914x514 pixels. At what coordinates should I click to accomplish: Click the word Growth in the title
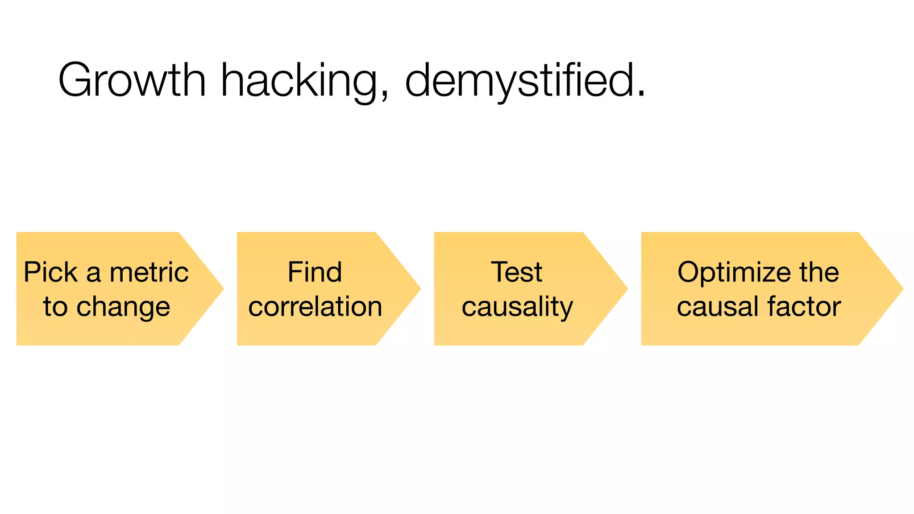(x=132, y=80)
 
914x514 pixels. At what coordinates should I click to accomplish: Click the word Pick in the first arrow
(x=50, y=272)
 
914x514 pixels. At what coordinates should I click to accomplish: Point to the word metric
(x=149, y=272)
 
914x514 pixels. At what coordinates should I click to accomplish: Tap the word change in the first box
(x=123, y=308)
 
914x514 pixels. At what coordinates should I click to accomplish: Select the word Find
(x=315, y=272)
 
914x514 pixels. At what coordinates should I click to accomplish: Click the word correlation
(x=315, y=307)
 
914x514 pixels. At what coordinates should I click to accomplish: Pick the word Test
(x=517, y=272)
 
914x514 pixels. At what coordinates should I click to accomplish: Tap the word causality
(x=517, y=308)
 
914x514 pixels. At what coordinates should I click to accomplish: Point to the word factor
(x=805, y=307)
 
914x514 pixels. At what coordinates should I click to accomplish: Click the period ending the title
(x=641, y=94)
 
